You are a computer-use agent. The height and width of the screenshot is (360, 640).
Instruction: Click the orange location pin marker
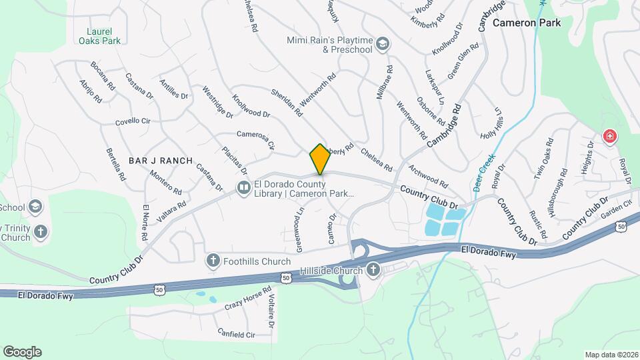(320, 159)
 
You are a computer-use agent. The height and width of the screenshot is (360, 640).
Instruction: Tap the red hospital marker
(609, 137)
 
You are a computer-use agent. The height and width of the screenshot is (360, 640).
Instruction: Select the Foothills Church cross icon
(213, 261)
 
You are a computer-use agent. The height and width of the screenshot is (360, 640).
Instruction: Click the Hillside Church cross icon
(373, 270)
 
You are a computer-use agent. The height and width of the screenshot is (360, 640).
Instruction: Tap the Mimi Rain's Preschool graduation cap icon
(383, 45)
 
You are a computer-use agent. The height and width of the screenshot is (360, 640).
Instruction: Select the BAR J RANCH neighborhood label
(160, 161)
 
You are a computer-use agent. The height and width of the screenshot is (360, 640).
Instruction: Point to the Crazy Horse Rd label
(248, 298)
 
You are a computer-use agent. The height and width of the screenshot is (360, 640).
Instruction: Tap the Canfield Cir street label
(237, 333)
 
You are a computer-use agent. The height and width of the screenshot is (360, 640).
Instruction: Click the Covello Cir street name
(133, 121)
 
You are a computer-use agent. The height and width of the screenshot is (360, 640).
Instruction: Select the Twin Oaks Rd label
(543, 158)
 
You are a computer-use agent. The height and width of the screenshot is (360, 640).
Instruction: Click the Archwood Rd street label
(429, 176)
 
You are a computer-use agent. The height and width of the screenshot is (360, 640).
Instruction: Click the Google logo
(22, 352)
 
